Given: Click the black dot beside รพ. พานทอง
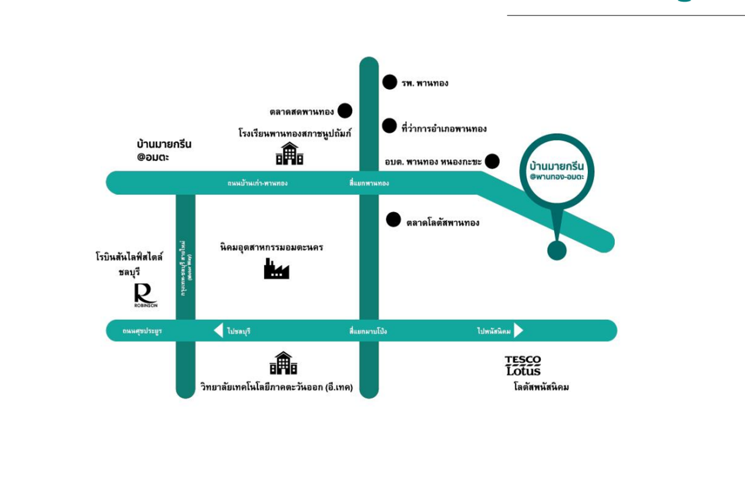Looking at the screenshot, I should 389,82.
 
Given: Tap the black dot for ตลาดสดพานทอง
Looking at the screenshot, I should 345,110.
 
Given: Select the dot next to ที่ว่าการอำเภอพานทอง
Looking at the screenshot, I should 389,126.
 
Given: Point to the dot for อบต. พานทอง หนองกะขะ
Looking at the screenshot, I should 492,161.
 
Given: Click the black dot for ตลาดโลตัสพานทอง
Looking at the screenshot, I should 393,219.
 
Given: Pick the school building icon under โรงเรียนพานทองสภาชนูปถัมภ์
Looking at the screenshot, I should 289,154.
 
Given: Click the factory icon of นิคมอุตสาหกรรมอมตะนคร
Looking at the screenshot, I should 276,269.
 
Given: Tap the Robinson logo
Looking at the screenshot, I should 145,295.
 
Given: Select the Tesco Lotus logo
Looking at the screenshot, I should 523,365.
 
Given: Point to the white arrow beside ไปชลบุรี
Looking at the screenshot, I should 218,330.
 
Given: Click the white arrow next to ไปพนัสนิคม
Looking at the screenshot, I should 518,330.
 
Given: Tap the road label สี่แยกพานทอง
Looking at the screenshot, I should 369,183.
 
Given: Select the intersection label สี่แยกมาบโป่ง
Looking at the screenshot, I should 368,331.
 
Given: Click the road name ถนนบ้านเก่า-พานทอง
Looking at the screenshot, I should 257,183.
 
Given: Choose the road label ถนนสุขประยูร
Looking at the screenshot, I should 142,331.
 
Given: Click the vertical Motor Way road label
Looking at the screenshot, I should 186,268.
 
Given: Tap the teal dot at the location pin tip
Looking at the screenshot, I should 557,251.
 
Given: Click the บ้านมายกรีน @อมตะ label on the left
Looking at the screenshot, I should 164,149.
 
